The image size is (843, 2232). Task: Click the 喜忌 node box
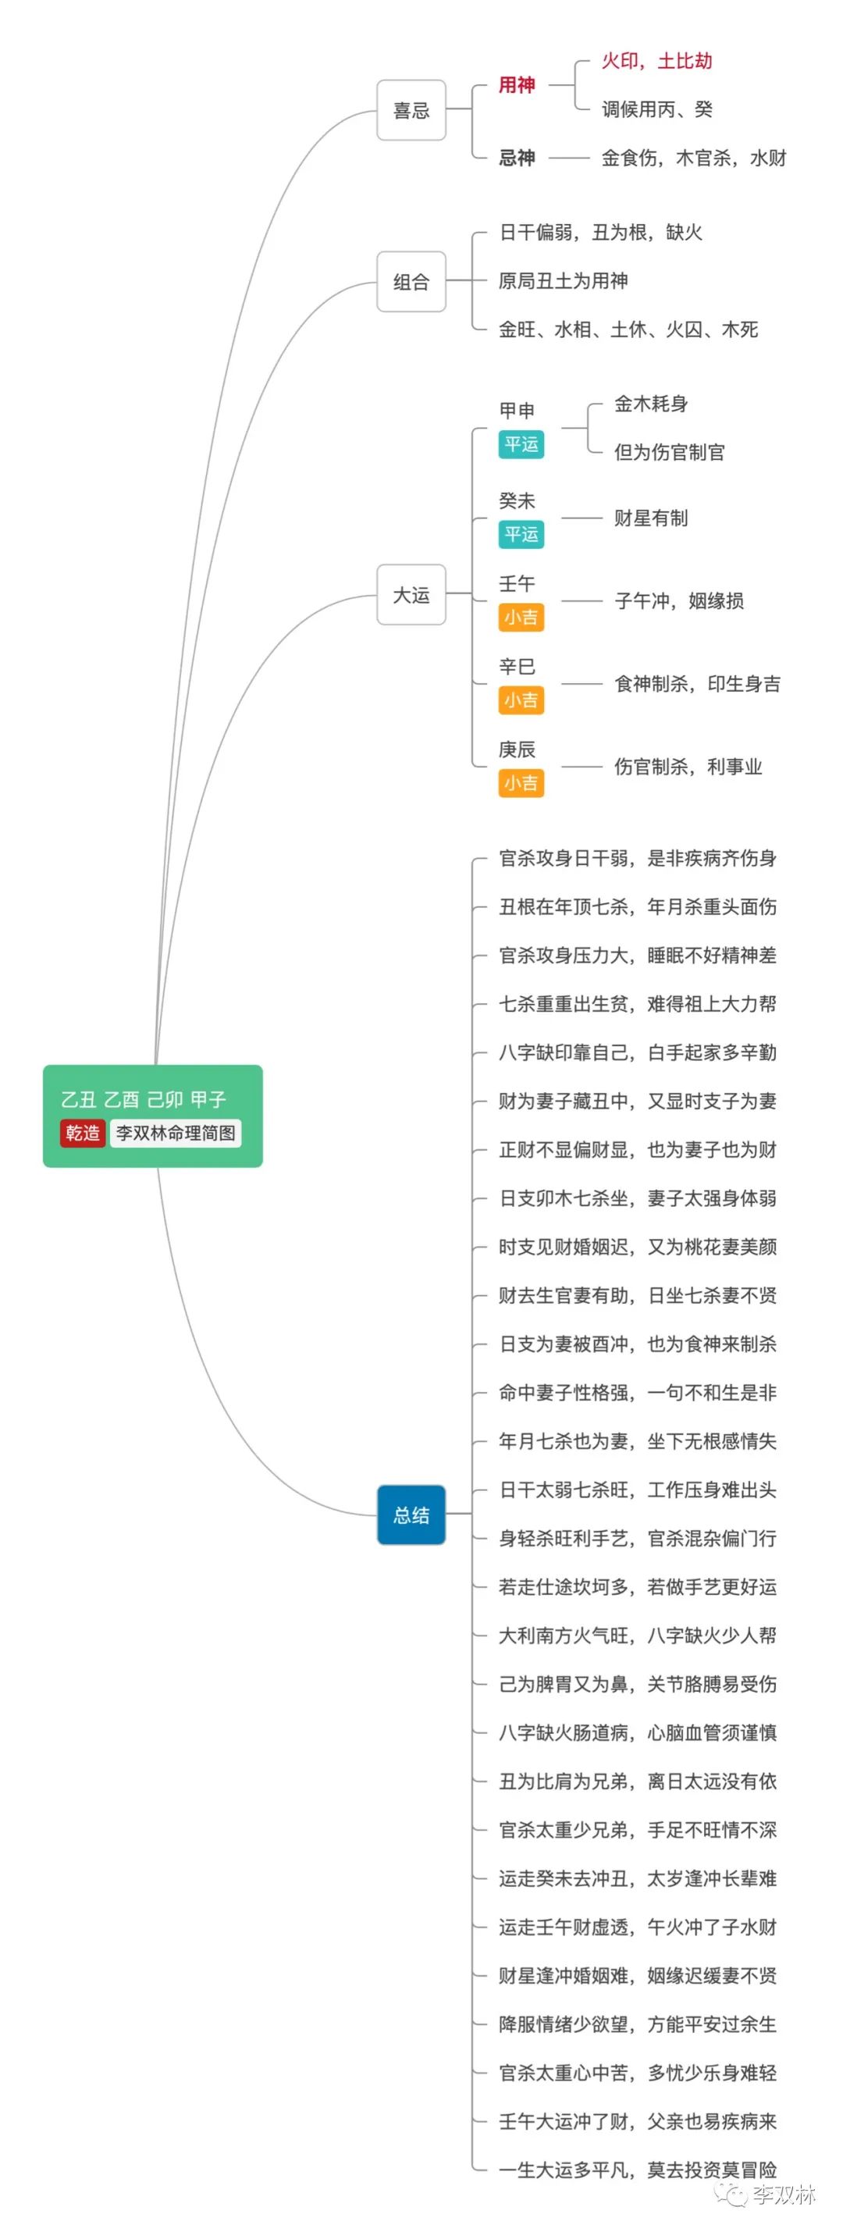pyautogui.click(x=411, y=110)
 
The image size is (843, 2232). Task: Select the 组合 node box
pyautogui.click(x=411, y=282)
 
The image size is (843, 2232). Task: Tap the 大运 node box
pyautogui.click(x=411, y=594)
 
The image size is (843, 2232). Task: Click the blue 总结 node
pyautogui.click(x=411, y=1515)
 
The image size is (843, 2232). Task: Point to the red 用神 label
pyautogui.click(x=517, y=85)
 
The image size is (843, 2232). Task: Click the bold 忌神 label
pyautogui.click(x=517, y=158)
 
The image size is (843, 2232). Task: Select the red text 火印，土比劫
pyautogui.click(x=656, y=61)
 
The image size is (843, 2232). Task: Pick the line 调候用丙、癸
pyautogui.click(x=656, y=109)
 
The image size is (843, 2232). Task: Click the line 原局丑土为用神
pyautogui.click(x=563, y=281)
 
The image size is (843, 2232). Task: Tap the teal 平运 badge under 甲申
pyautogui.click(x=521, y=444)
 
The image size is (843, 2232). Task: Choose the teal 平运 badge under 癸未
pyautogui.click(x=521, y=535)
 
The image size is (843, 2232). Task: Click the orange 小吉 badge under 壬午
pyautogui.click(x=521, y=618)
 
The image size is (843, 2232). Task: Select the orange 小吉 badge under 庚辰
pyautogui.click(x=521, y=783)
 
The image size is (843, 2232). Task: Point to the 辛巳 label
pyautogui.click(x=517, y=666)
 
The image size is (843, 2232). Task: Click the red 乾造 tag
pyautogui.click(x=82, y=1133)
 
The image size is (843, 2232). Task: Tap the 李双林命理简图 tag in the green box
pyautogui.click(x=176, y=1133)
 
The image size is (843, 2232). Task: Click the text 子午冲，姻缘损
pyautogui.click(x=679, y=600)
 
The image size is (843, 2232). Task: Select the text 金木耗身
pyautogui.click(x=651, y=404)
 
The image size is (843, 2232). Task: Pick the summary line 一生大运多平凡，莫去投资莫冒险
pyautogui.click(x=638, y=2170)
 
